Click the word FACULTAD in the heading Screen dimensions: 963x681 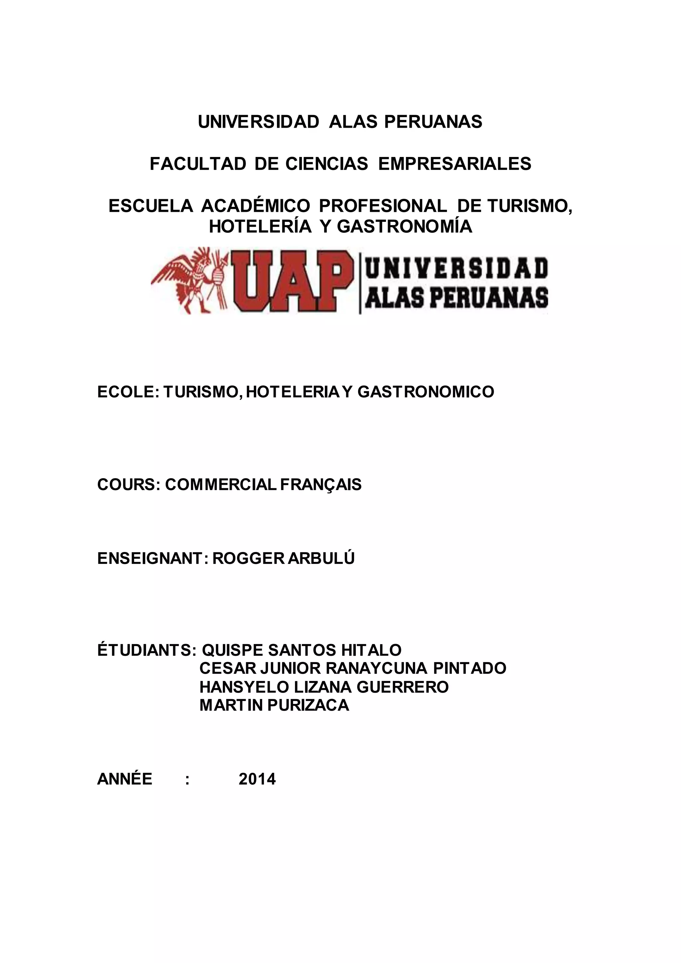coord(198,164)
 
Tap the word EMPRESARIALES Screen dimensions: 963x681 coord(455,164)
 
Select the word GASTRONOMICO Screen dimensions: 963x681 coord(426,392)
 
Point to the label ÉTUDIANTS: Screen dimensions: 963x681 coord(146,650)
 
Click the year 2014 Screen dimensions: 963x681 coord(257,779)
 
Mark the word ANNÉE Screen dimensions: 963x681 coord(125,779)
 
